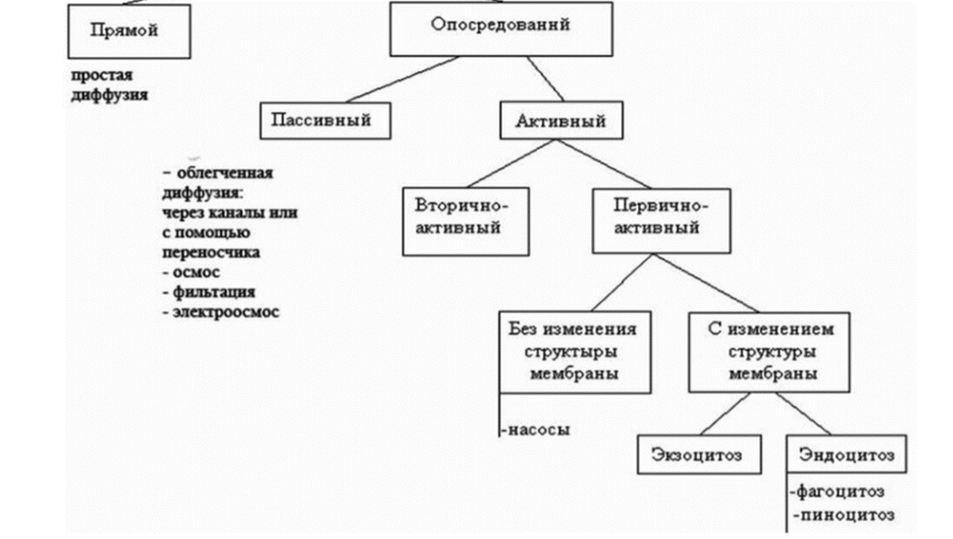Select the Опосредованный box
500,28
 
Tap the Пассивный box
326,121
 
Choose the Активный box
561,121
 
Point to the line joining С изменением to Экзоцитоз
725,414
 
